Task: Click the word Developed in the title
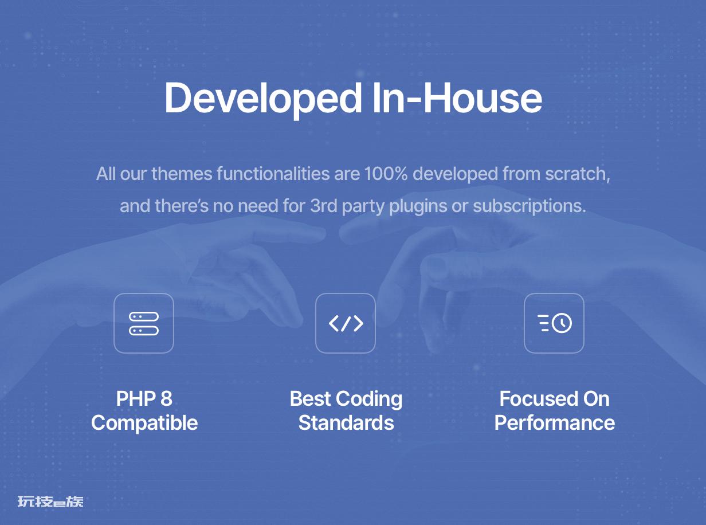click(x=263, y=99)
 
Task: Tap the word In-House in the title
click(x=457, y=97)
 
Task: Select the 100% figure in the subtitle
click(x=386, y=174)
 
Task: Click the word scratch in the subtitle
click(x=578, y=174)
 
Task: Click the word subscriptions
click(x=529, y=206)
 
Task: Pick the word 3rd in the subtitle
click(x=323, y=206)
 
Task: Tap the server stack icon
click(x=144, y=323)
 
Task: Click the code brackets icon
click(x=346, y=323)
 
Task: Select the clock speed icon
click(x=555, y=323)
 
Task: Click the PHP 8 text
click(x=144, y=398)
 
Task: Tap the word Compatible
click(x=144, y=424)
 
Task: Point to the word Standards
click(x=346, y=423)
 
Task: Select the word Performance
click(x=555, y=423)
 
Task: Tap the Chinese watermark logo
click(x=50, y=502)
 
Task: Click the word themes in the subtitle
click(x=182, y=174)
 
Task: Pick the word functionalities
click(x=273, y=174)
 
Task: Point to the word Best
click(x=310, y=398)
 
